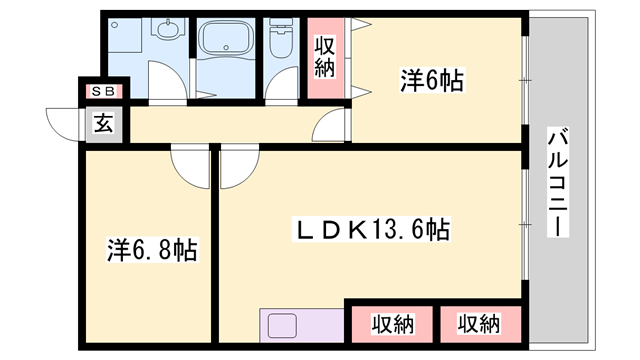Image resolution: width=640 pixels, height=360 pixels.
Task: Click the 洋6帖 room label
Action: pyautogui.click(x=431, y=80)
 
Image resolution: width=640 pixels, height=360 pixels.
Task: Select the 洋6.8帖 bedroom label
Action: pyautogui.click(x=151, y=249)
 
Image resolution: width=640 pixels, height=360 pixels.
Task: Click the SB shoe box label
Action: pyautogui.click(x=104, y=92)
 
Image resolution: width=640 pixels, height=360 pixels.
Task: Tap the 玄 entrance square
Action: pyautogui.click(x=104, y=124)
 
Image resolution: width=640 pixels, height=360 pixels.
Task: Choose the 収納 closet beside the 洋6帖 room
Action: pyautogui.click(x=325, y=57)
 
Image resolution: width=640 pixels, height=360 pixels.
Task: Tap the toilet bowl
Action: pyautogui.click(x=280, y=40)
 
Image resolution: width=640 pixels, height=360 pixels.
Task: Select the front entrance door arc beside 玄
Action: pyautogui.click(x=66, y=125)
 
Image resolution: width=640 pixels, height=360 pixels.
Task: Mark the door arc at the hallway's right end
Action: pyautogui.click(x=332, y=125)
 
